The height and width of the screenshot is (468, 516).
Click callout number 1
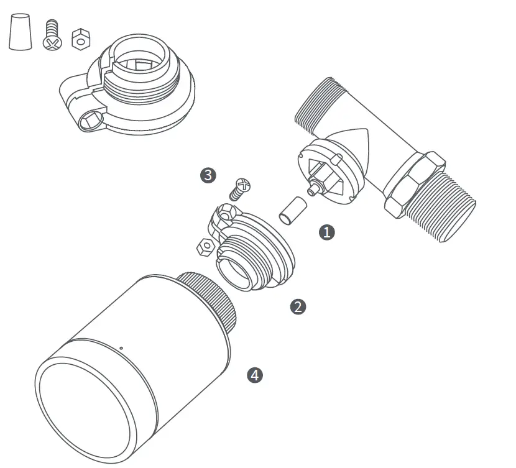[x=326, y=232]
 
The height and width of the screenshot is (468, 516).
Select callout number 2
[x=298, y=306]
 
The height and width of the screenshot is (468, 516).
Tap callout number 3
[x=208, y=175]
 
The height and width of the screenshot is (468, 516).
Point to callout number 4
[x=255, y=375]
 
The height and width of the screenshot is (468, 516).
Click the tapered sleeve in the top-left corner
[x=20, y=32]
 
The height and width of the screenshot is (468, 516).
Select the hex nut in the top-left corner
[x=80, y=39]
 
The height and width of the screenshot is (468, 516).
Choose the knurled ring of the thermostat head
[x=208, y=302]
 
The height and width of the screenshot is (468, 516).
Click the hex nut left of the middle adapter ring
[x=203, y=247]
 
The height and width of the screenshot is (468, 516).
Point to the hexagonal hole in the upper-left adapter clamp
[x=90, y=117]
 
